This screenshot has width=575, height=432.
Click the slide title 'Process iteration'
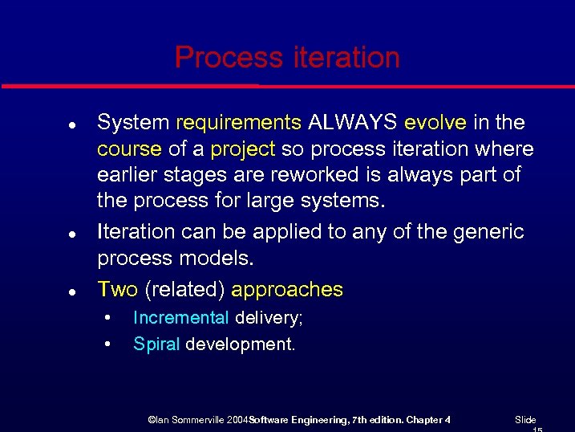pyautogui.click(x=287, y=58)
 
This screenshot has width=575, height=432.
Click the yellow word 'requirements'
pyautogui.click(x=238, y=123)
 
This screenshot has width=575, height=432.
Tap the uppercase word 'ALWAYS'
pyautogui.click(x=353, y=123)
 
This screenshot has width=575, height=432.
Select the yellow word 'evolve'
pyautogui.click(x=435, y=123)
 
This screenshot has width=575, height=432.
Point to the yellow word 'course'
pyautogui.click(x=129, y=150)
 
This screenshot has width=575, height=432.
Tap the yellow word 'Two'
pyautogui.click(x=117, y=289)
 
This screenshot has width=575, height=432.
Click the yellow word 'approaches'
pyautogui.click(x=287, y=290)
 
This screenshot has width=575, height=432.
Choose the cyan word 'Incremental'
pyautogui.click(x=180, y=318)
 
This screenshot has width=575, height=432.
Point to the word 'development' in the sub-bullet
pyautogui.click(x=239, y=345)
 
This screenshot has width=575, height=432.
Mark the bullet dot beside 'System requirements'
pyautogui.click(x=72, y=125)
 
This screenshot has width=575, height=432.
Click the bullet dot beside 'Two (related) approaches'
pyautogui.click(x=72, y=291)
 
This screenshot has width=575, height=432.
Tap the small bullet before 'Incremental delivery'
pyautogui.click(x=107, y=319)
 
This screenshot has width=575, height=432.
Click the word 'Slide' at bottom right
pyautogui.click(x=525, y=420)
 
